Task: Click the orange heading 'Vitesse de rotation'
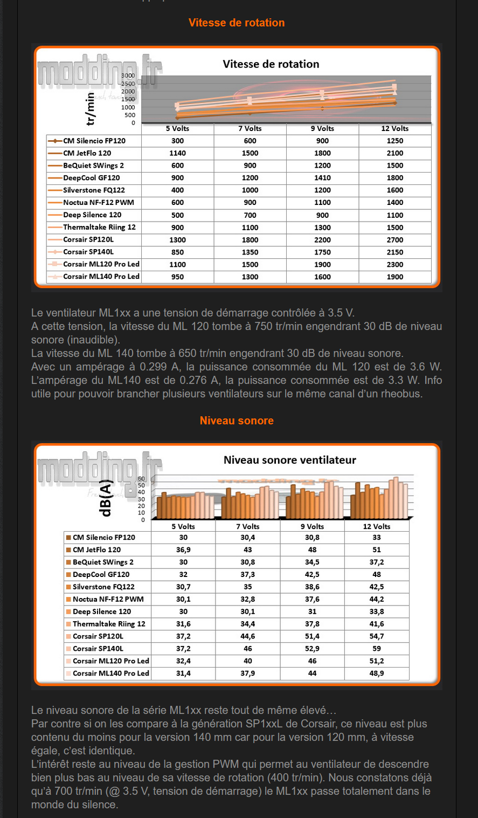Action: [x=237, y=23]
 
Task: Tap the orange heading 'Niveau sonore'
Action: [x=237, y=421]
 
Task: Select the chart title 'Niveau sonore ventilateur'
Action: [x=290, y=460]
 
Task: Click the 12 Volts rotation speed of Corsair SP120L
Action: [x=394, y=240]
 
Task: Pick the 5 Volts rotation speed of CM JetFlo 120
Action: [x=177, y=153]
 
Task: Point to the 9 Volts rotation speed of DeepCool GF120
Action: [x=322, y=178]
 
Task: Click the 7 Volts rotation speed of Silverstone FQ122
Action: [x=250, y=190]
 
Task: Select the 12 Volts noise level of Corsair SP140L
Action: [x=377, y=649]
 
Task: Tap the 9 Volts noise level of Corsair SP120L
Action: [x=312, y=636]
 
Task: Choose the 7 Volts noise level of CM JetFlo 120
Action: [x=247, y=549]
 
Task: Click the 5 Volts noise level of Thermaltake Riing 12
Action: [x=183, y=624]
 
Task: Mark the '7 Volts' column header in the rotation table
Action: [x=250, y=128]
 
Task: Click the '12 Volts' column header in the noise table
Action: [x=377, y=526]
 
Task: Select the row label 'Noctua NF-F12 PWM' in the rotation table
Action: [x=98, y=203]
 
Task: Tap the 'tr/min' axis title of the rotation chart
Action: [x=91, y=108]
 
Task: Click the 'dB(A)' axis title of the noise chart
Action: [x=106, y=498]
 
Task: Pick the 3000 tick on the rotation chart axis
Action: [x=128, y=76]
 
